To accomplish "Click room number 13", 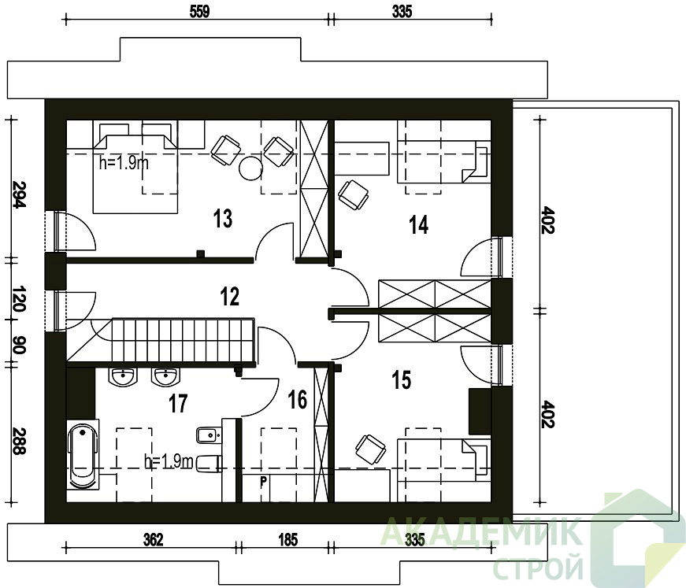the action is point(223,219).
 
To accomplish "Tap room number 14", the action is point(418,224).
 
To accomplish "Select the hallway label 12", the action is point(230,297).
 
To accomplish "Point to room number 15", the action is point(402,379).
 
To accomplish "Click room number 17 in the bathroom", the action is point(178,404).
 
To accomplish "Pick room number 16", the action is point(298,400).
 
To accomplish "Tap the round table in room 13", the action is point(250,168).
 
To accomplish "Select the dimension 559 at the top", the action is point(199,11).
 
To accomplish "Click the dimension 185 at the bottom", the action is point(288,540).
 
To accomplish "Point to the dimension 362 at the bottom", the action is point(153,540).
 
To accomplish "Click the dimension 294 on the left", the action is point(20,194).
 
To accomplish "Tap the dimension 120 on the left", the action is point(19,299).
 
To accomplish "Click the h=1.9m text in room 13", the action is point(124,163).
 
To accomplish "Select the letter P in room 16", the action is point(263,483).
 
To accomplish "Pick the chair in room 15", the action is point(370,449).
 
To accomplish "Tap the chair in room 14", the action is point(354,195).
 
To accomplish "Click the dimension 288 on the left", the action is point(19,441).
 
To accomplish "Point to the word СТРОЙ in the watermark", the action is point(538,568).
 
